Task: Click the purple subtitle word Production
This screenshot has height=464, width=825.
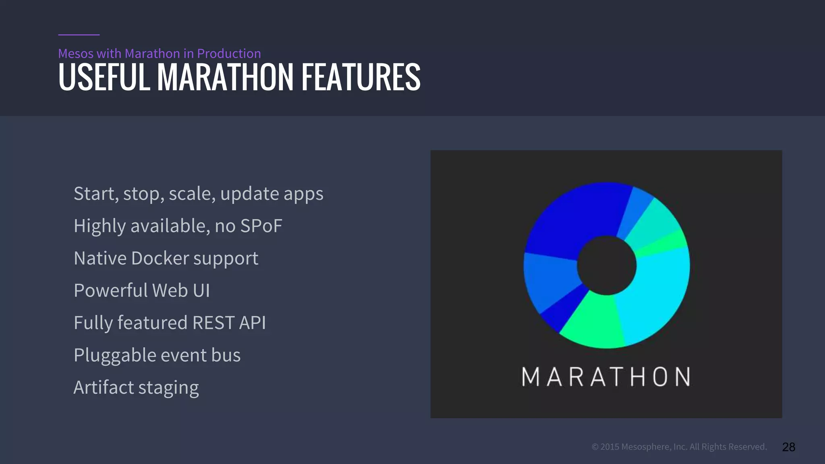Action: [229, 54]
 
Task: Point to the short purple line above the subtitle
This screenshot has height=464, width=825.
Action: [79, 35]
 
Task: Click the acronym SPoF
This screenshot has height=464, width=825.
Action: [261, 226]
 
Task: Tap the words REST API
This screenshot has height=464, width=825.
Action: [229, 323]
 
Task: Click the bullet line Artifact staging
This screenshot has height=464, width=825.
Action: [136, 387]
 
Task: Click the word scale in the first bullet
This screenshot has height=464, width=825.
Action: [192, 194]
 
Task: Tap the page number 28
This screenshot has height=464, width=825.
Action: [788, 447]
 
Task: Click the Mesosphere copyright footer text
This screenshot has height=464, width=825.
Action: [679, 447]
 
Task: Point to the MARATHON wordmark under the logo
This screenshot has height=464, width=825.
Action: [606, 377]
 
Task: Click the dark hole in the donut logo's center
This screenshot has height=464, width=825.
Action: [606, 265]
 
